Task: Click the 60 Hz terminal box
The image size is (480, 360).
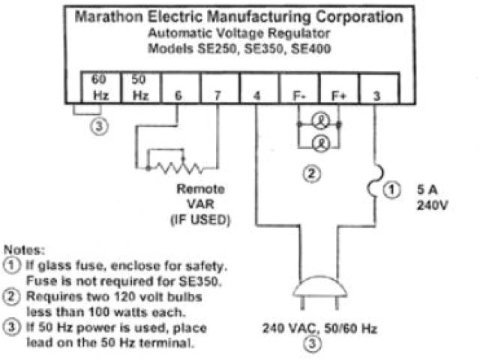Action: pyautogui.click(x=100, y=87)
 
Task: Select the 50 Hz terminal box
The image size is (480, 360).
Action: pyautogui.click(x=140, y=87)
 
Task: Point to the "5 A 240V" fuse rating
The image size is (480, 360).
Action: pyautogui.click(x=430, y=197)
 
